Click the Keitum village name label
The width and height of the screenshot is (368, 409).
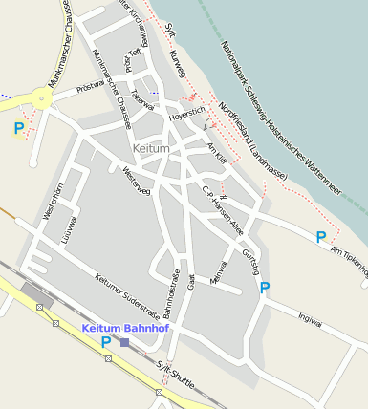(152, 150)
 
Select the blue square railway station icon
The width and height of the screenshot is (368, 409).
(124, 342)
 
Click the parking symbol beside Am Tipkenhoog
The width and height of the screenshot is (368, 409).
(322, 236)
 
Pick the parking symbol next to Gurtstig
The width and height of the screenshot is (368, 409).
(265, 287)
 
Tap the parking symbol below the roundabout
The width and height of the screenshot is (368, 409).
(19, 127)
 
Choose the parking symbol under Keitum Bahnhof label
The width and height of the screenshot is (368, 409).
(105, 341)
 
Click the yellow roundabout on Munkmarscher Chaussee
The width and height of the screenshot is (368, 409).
(42, 97)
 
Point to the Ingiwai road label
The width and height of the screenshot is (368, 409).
(310, 316)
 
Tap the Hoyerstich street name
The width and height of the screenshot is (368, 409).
(186, 116)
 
